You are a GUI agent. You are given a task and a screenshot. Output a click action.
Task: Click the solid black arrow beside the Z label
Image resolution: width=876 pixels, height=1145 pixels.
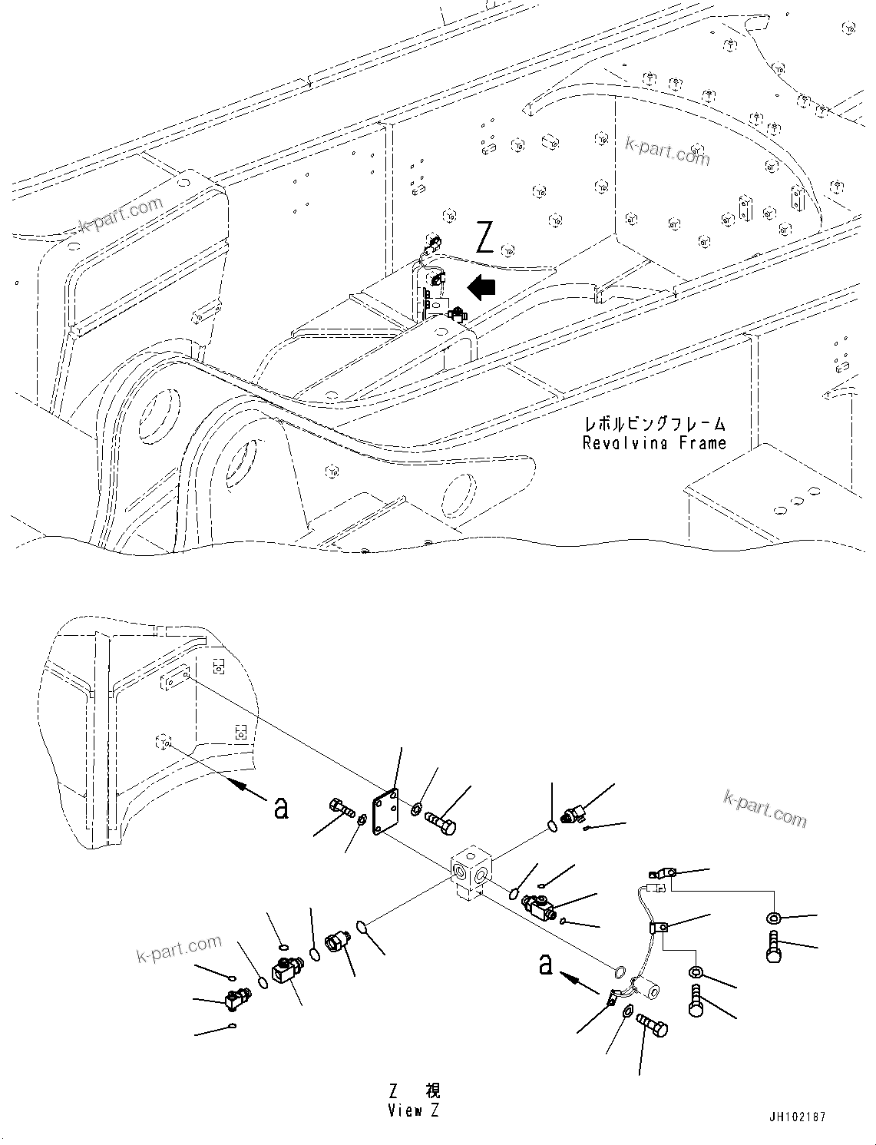coord(482,288)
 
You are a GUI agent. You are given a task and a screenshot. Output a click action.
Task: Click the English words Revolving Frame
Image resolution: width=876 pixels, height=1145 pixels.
coord(654,443)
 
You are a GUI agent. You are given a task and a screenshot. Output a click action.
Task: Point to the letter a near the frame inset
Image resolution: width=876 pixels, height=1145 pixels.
coord(281,807)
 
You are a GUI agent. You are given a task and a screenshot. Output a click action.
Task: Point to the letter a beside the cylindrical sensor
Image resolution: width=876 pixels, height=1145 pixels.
coord(545,965)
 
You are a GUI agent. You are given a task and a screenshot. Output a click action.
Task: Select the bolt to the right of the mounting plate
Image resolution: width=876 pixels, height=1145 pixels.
coord(441,825)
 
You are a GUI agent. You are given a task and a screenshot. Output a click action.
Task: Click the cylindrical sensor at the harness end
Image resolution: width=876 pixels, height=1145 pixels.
coord(646,991)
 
